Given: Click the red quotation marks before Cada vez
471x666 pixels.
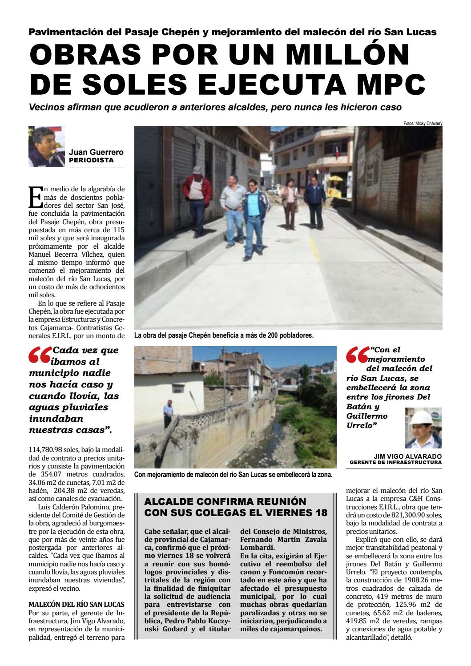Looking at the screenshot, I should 40,355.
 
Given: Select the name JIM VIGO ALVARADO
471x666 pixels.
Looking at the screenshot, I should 408,456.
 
